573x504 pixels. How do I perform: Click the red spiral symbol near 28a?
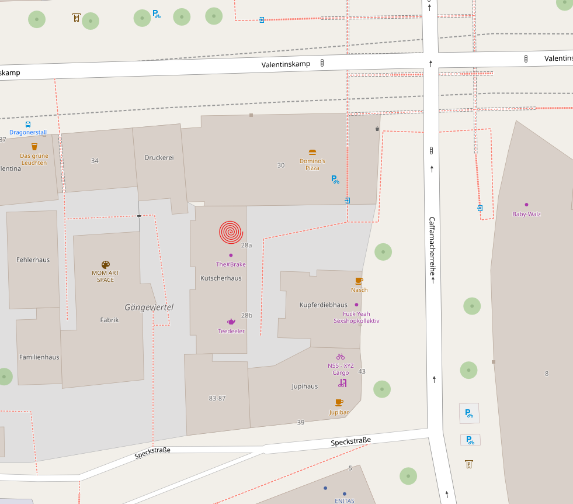[x=231, y=232]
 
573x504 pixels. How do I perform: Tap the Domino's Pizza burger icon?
[x=312, y=152]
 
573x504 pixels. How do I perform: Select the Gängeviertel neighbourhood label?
[x=149, y=307]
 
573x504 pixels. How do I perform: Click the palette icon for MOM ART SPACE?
[x=106, y=265]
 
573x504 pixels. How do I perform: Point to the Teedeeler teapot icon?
[x=231, y=322]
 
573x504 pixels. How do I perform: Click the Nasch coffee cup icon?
[x=359, y=281]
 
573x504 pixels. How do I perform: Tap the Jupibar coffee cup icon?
[x=339, y=402]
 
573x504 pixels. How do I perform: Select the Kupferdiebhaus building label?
[x=323, y=305]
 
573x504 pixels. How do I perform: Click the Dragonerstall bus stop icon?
[x=28, y=124]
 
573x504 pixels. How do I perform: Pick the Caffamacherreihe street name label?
[x=432, y=250]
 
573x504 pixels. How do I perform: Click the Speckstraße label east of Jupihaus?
[x=350, y=441]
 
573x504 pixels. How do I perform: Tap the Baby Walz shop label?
[x=526, y=214]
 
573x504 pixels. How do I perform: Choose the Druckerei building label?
[x=159, y=157]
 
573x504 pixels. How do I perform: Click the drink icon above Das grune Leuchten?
[x=34, y=147]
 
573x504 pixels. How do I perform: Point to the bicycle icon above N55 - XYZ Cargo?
[x=341, y=357]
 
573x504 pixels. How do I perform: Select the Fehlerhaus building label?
[x=33, y=260]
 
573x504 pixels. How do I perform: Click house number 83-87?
[x=217, y=398]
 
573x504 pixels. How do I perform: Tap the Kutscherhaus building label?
[x=221, y=278]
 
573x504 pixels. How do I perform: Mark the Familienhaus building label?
[x=39, y=357]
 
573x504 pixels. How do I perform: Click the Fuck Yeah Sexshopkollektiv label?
[x=356, y=317]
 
